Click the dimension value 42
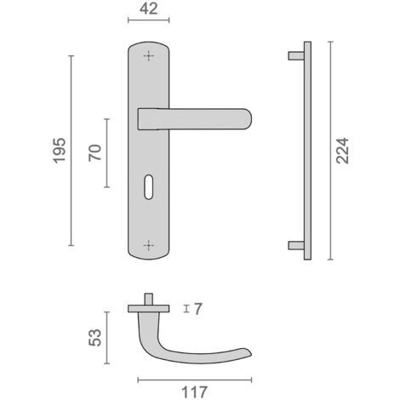point(148,9)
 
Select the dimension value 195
point(60,151)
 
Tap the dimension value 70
point(94,152)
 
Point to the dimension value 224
point(342,151)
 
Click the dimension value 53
point(94,338)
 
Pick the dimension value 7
point(198,309)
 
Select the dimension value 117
point(194,392)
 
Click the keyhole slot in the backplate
point(148,187)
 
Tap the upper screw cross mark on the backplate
point(148,56)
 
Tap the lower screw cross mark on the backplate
point(148,245)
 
